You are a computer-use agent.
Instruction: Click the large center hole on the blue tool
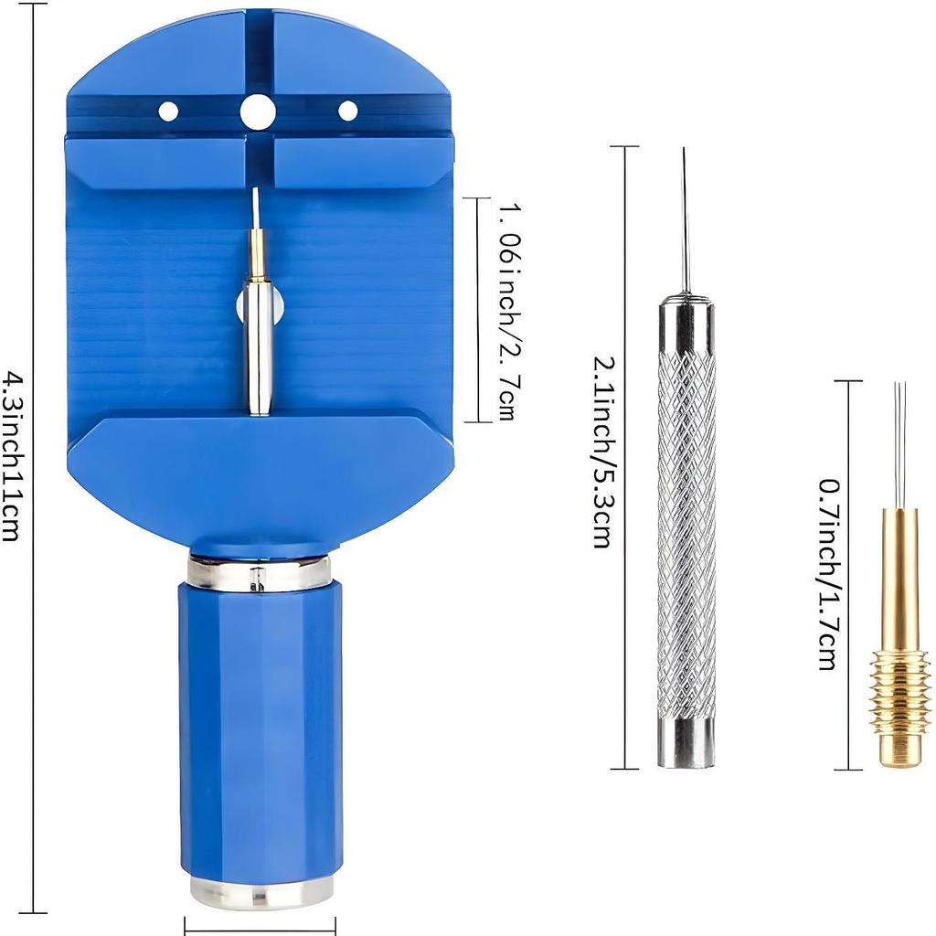[258, 112]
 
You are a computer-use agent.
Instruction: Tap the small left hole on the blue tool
[168, 112]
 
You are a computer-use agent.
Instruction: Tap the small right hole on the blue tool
[348, 111]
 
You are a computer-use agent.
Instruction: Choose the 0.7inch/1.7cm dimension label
[828, 573]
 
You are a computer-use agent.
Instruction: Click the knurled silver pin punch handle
[686, 530]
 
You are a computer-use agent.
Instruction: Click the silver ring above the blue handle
[260, 573]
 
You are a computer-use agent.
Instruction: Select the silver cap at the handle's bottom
[261, 890]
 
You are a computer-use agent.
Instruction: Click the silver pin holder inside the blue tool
[259, 347]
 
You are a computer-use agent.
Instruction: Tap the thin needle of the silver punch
[684, 219]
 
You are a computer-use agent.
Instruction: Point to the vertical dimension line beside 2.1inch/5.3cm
[625, 457]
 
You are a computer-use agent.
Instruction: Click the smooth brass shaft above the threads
[900, 576]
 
